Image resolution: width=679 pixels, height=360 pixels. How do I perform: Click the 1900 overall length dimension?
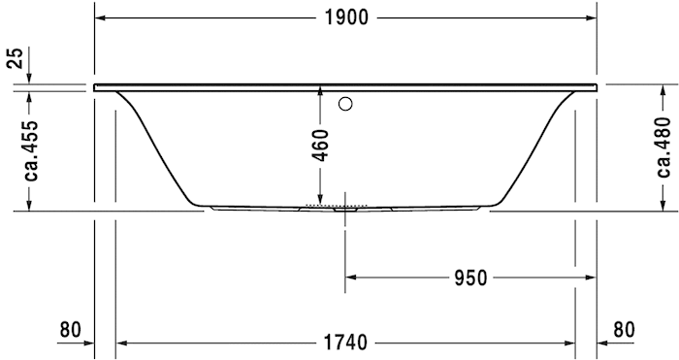click(345, 18)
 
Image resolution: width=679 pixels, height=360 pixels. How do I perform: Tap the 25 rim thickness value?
click(14, 59)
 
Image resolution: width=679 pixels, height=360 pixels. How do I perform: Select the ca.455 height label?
click(32, 149)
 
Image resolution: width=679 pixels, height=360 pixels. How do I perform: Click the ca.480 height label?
click(662, 147)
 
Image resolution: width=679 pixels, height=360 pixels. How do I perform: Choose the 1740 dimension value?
click(344, 342)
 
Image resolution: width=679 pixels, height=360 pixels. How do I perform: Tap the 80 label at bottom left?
click(70, 330)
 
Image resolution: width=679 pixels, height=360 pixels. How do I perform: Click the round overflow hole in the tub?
click(345, 104)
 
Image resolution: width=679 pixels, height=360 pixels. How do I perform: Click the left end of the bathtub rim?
click(97, 87)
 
